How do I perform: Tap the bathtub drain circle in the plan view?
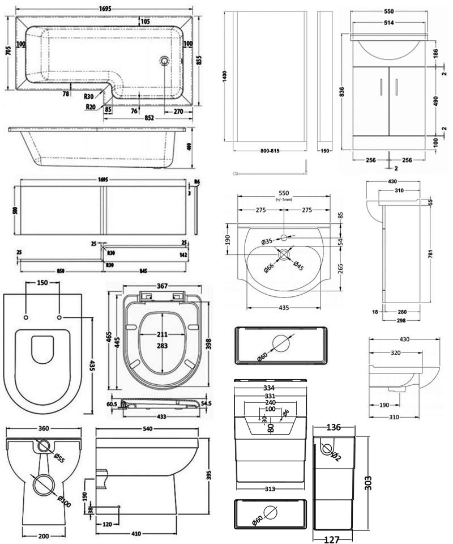click(164, 59)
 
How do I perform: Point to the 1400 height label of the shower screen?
click(225, 78)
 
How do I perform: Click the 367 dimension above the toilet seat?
click(163, 287)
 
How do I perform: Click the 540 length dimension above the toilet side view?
click(148, 429)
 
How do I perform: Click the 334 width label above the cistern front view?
click(270, 388)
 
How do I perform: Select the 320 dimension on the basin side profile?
click(396, 352)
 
